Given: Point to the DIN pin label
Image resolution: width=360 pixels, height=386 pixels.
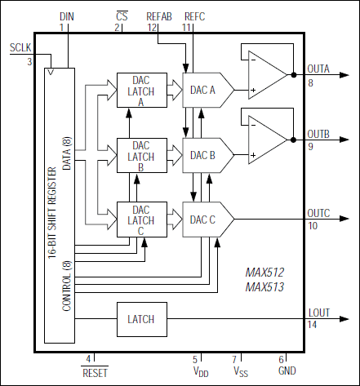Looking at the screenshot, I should point(66,16).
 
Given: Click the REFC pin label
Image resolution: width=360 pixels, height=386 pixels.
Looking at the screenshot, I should point(196,16).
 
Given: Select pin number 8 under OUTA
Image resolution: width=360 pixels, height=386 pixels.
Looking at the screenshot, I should point(311,82).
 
